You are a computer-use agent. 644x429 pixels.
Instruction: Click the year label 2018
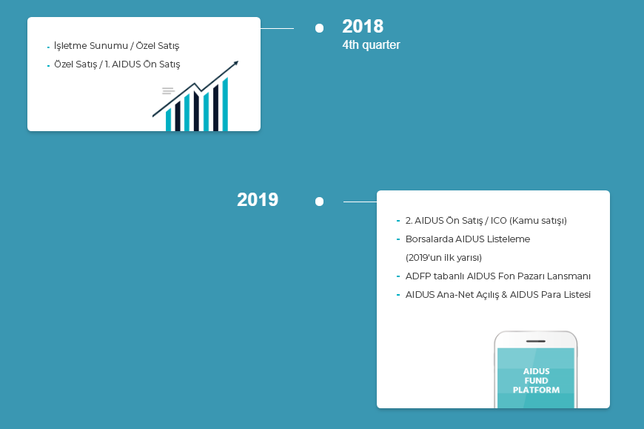point(363,27)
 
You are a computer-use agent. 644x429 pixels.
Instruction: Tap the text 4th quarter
point(371,44)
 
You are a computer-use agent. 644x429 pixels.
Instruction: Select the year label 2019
point(258,200)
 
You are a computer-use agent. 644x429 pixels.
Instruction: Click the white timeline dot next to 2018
point(319,28)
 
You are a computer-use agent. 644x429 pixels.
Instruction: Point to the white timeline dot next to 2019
point(319,202)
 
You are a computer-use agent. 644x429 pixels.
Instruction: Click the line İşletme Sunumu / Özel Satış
point(117,46)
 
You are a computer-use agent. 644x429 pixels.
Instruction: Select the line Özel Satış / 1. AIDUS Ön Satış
point(117,64)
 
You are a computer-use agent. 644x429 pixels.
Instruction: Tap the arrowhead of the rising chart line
point(235,64)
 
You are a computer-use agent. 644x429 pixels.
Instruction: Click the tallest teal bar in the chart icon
point(225,104)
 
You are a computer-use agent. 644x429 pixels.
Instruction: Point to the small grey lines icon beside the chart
point(168,91)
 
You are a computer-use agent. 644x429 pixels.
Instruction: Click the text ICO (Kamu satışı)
point(529,221)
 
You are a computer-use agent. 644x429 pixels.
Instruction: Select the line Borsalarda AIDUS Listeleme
point(467,239)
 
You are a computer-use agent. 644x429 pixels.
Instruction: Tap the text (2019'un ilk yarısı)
point(443,258)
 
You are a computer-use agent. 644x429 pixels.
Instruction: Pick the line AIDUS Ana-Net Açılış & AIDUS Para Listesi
point(497,295)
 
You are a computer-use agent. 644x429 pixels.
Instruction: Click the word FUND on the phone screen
point(536,381)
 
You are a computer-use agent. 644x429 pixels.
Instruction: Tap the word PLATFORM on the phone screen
point(536,390)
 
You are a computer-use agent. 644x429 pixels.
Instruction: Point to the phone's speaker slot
point(536,341)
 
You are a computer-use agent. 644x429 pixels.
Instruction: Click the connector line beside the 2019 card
point(360,202)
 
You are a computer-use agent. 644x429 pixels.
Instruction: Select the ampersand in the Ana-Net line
point(504,295)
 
